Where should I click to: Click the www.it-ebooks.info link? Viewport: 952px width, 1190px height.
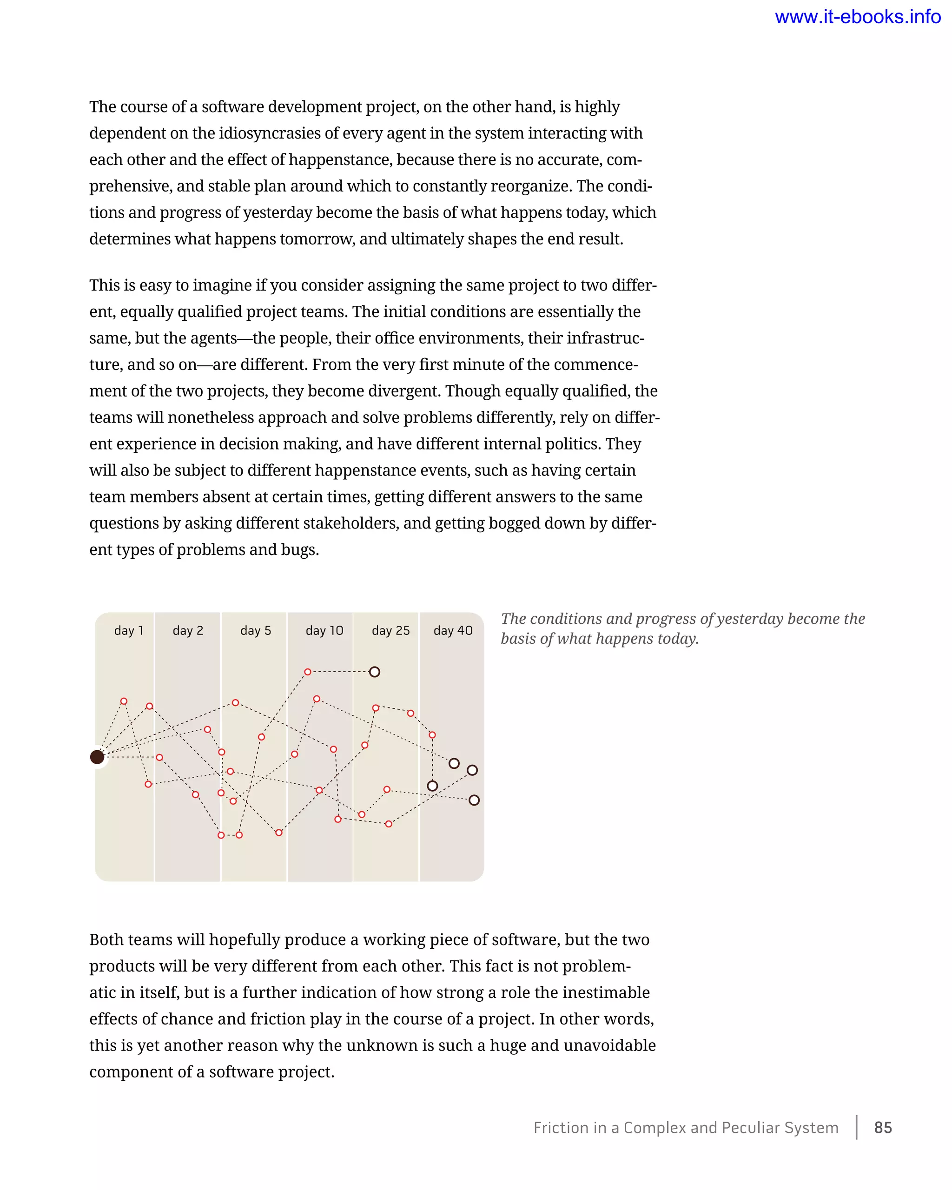857,17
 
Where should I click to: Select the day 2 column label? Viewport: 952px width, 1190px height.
188,630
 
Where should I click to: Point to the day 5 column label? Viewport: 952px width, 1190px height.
256,630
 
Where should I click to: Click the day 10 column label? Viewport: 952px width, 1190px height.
324,630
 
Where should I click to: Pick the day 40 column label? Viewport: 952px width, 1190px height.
453,630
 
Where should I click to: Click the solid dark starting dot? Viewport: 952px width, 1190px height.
97,757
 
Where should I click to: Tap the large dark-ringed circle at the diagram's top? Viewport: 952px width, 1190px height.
375,672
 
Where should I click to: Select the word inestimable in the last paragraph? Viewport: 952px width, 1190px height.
604,992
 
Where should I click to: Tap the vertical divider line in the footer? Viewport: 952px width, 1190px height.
857,1127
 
